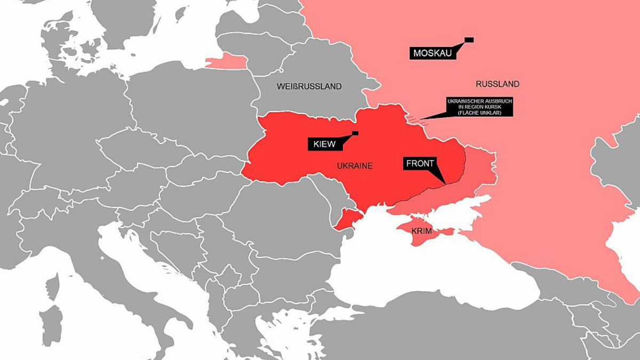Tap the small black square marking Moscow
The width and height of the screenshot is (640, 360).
[469, 39]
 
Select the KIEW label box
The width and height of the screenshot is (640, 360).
[324, 144]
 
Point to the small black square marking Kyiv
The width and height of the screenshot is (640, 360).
[355, 133]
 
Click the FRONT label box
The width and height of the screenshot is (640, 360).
[420, 164]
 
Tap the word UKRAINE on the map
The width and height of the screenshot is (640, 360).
[355, 166]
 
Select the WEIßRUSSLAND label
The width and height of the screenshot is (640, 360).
[309, 86]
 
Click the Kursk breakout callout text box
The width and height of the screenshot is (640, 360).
[479, 107]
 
